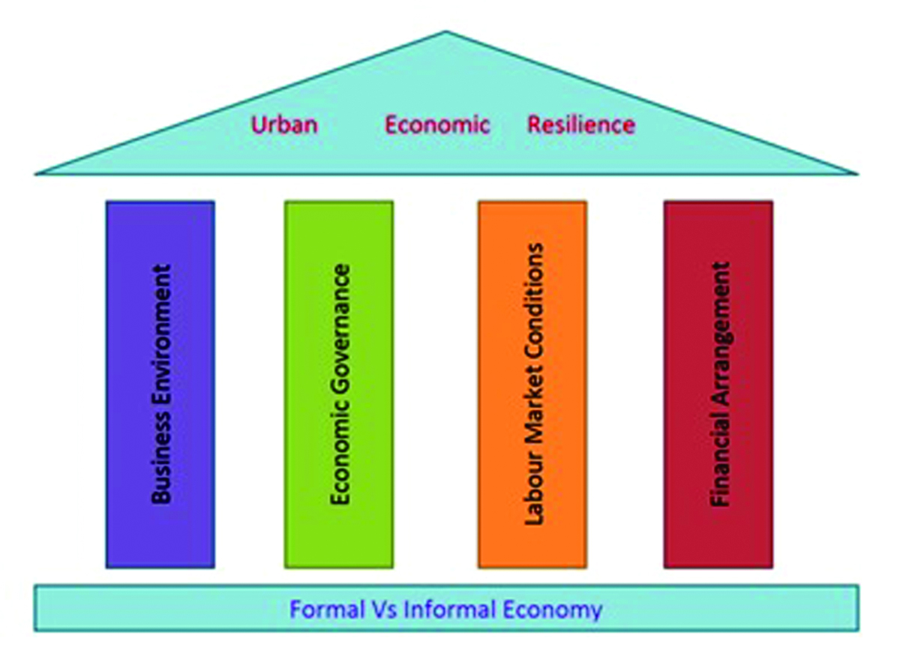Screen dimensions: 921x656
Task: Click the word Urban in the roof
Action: [x=284, y=124]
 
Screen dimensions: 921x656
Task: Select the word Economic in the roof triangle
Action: [x=437, y=124]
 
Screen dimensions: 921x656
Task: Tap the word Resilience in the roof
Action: [x=581, y=124]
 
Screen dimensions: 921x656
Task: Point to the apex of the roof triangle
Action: [x=445, y=31]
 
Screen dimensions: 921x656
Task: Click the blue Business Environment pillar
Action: [x=160, y=385]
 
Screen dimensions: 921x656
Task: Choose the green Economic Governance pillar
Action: [x=339, y=385]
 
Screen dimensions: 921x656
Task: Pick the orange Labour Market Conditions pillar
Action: [x=532, y=385]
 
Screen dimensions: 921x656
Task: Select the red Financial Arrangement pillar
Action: [x=718, y=385]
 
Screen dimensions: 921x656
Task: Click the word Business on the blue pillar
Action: [x=161, y=457]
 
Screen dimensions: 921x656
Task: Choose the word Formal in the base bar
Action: [x=325, y=609]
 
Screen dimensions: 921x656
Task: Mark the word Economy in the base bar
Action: [x=553, y=610]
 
